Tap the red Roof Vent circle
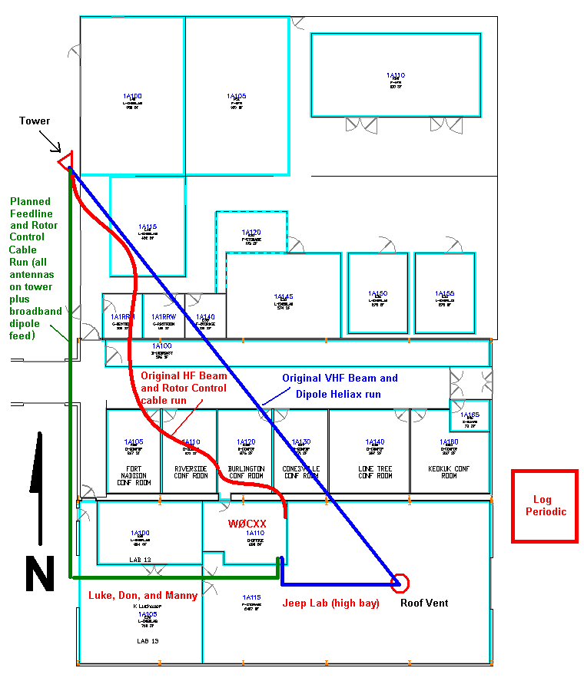(x=400, y=583)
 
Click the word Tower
(x=35, y=121)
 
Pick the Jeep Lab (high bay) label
(x=331, y=603)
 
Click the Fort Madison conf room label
(x=134, y=471)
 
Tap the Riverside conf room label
(x=191, y=471)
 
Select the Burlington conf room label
(x=246, y=471)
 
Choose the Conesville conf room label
(x=301, y=471)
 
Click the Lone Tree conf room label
(x=375, y=471)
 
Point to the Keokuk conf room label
(x=449, y=471)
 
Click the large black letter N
(x=39, y=574)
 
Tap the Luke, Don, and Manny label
(x=143, y=596)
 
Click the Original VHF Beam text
(x=340, y=378)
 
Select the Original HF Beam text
(x=184, y=375)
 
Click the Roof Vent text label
(x=424, y=603)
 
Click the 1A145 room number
(x=284, y=296)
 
